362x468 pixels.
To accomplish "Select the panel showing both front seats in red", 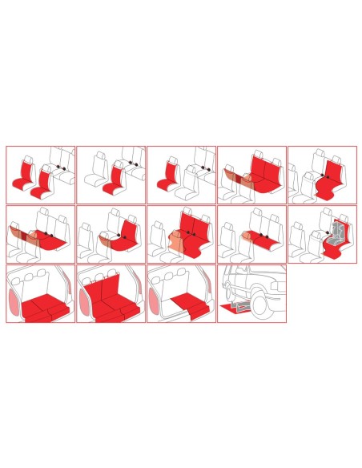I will (40, 175).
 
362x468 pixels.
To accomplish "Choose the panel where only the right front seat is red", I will (111, 175).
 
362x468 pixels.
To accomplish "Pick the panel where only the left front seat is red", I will (181, 175).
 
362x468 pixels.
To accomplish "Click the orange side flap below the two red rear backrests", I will (175, 240).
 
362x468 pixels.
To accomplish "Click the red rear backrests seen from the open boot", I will (111, 284).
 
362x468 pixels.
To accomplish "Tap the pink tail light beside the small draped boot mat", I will (154, 298).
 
